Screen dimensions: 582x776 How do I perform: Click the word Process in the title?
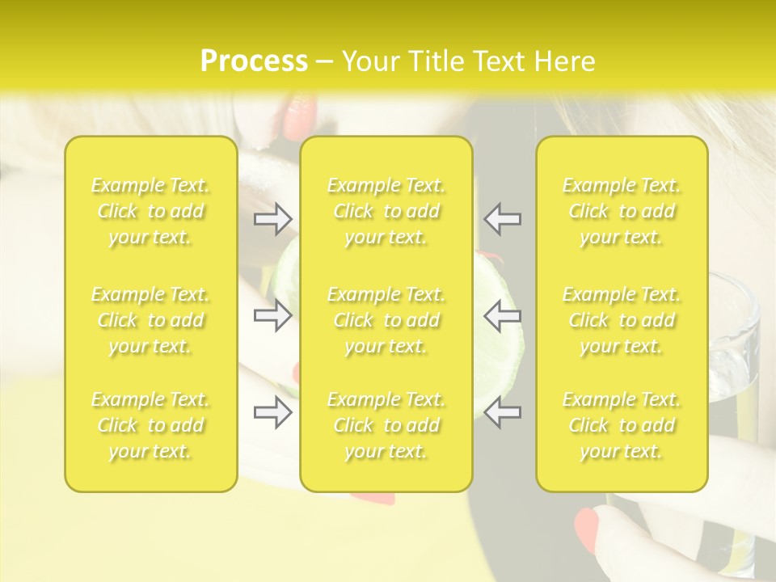pos(254,61)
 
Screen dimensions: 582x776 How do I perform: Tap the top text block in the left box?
pos(150,211)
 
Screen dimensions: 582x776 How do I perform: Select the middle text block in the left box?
pos(150,320)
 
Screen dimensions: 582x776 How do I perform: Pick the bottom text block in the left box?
pos(150,425)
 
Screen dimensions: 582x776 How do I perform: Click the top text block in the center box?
pos(386,211)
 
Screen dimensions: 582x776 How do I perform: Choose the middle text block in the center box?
pos(386,320)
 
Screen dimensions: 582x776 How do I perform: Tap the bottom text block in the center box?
pos(386,425)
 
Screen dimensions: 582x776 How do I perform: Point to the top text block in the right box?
pos(622,211)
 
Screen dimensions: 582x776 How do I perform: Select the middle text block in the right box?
pos(622,320)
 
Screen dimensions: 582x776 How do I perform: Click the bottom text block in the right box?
pos(622,425)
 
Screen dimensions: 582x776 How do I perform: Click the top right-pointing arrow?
pos(273,218)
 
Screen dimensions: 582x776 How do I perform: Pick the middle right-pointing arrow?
pos(273,314)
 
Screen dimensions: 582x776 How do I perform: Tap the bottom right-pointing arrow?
pos(273,412)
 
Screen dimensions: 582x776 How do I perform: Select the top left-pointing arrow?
pos(503,218)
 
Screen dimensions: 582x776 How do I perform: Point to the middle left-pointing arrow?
pos(503,314)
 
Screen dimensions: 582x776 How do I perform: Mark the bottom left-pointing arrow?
pos(503,412)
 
